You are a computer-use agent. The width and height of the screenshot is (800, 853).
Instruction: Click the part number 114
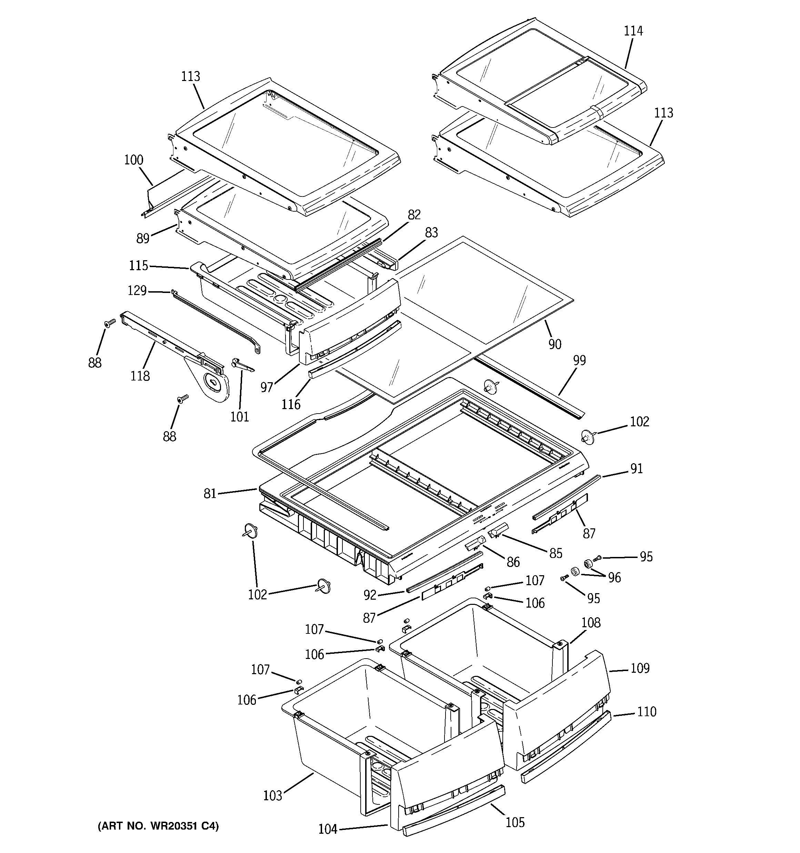click(x=633, y=31)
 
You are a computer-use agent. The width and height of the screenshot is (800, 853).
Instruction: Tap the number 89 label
click(x=143, y=238)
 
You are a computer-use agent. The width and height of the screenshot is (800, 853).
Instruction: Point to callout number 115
click(x=138, y=266)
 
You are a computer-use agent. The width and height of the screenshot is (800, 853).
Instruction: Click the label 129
click(x=137, y=291)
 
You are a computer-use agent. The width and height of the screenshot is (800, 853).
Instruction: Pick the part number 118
click(x=140, y=376)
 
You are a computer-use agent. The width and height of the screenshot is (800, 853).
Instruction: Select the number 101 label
click(x=240, y=417)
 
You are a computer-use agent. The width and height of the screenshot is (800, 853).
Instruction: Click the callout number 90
click(x=555, y=344)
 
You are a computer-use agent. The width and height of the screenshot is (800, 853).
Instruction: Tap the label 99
click(x=579, y=361)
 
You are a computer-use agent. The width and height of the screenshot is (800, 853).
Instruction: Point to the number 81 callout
click(x=210, y=494)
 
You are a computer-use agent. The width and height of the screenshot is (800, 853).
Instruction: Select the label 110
click(x=646, y=712)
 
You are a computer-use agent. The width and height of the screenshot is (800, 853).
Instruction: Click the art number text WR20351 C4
click(x=158, y=826)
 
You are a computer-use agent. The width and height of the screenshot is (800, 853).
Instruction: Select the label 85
click(x=556, y=554)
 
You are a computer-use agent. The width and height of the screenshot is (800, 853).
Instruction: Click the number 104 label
click(x=328, y=830)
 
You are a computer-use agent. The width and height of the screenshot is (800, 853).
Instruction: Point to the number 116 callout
click(x=291, y=404)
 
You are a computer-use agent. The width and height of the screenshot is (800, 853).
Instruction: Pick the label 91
click(x=637, y=469)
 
